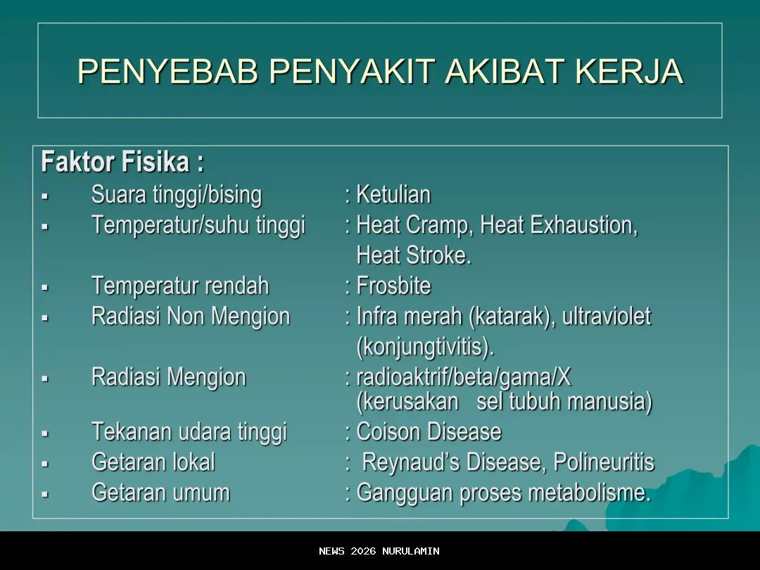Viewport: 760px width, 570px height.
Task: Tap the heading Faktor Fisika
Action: pos(122,163)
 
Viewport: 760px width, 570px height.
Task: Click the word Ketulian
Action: pos(393,195)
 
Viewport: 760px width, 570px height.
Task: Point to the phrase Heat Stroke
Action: pos(414,255)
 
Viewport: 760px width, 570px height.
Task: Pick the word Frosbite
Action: pos(393,286)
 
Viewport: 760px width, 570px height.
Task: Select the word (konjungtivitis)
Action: pos(425,347)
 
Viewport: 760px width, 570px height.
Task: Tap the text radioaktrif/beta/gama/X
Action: pos(464,378)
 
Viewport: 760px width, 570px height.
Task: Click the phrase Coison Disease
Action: pos(429,431)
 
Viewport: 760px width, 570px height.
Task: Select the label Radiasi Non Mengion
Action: pos(190,317)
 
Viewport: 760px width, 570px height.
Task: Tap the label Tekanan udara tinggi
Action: pos(189,431)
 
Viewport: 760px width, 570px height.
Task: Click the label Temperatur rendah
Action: pos(180,286)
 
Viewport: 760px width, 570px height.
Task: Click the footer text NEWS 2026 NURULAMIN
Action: pos(379,551)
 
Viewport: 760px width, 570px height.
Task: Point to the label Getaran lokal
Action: pos(153,462)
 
